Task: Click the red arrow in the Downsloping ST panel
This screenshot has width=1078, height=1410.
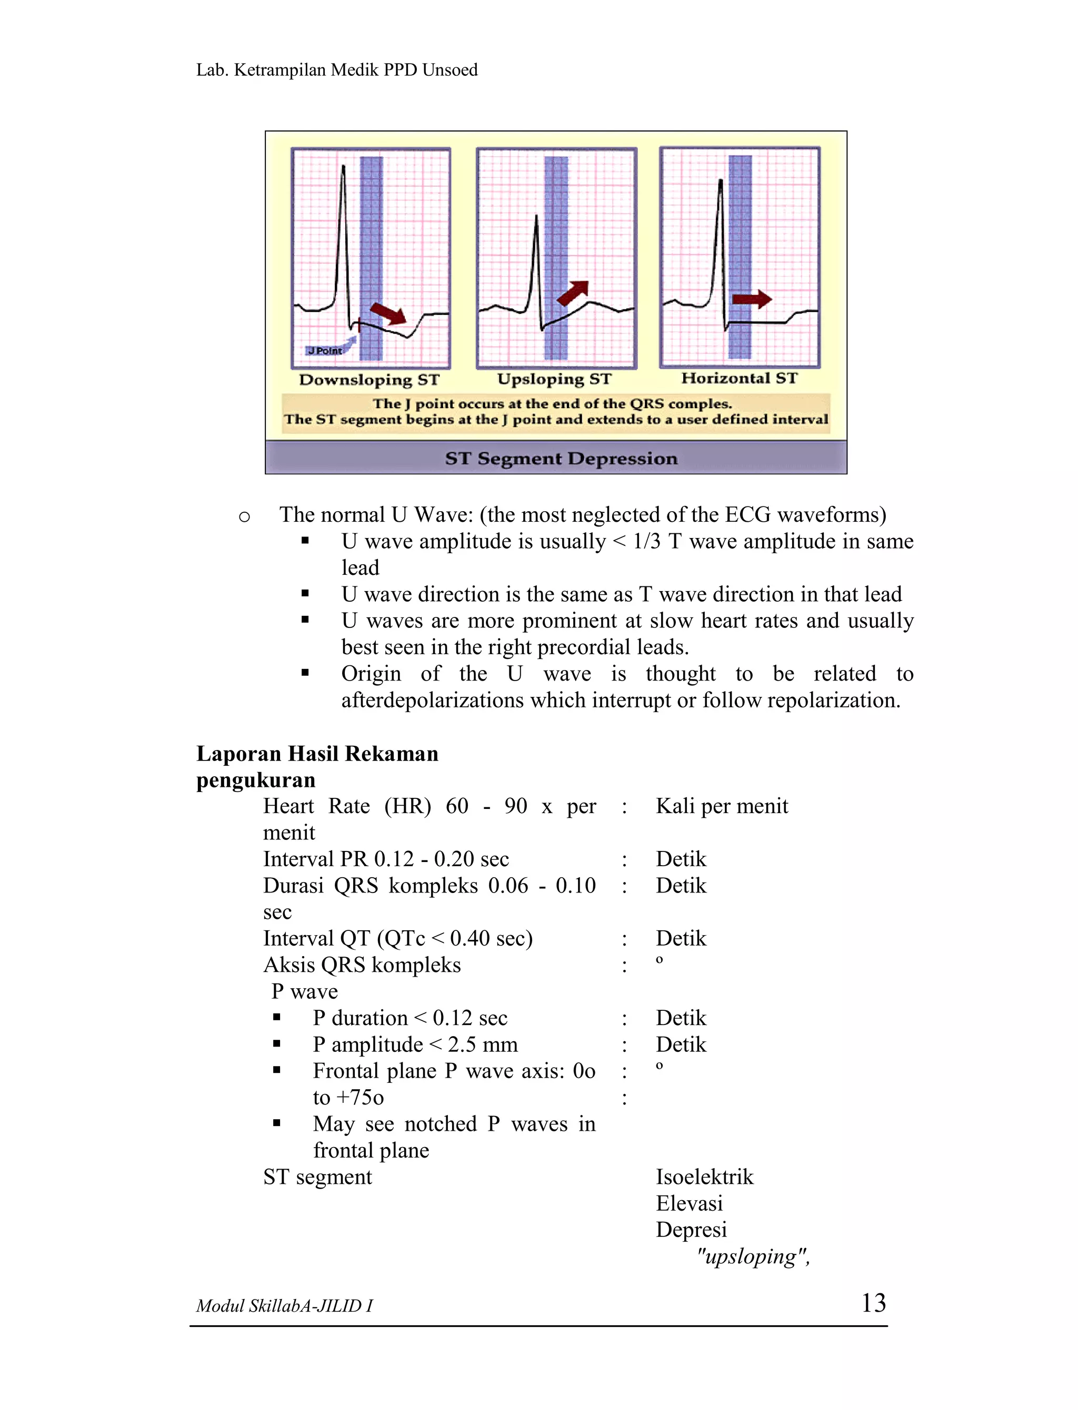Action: (x=389, y=313)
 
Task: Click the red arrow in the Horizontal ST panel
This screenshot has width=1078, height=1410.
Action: (x=752, y=299)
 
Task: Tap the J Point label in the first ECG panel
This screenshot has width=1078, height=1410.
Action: (x=325, y=351)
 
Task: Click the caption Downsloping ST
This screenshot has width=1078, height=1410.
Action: (x=369, y=380)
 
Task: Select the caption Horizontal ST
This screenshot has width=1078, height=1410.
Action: (x=739, y=378)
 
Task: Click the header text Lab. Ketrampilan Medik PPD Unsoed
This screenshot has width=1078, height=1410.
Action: (x=337, y=70)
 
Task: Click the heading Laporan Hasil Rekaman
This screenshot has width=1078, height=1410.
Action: (x=317, y=754)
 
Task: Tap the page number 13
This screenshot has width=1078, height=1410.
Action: (x=873, y=1303)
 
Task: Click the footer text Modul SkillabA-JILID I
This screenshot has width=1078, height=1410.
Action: (x=284, y=1305)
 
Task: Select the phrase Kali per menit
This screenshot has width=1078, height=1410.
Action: (x=721, y=806)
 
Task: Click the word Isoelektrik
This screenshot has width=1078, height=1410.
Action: (x=704, y=1176)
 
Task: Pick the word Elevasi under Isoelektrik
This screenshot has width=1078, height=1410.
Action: (x=689, y=1203)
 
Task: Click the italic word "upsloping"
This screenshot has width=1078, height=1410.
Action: (x=752, y=1256)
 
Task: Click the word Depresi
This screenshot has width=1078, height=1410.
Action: (x=691, y=1229)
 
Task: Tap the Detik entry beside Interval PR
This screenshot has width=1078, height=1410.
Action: (x=680, y=859)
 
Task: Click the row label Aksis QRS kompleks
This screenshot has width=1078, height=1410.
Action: (x=362, y=965)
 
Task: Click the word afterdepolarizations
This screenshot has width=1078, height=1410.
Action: (x=432, y=700)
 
